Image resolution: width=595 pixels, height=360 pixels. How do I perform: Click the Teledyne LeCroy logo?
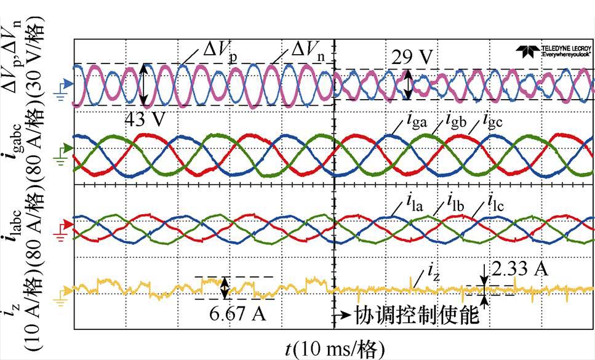click(551, 51)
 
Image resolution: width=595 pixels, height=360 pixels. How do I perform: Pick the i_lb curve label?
click(449, 201)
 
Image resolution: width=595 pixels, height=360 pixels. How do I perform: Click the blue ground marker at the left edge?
click(64, 84)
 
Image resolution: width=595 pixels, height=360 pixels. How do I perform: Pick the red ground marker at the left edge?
click(64, 224)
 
